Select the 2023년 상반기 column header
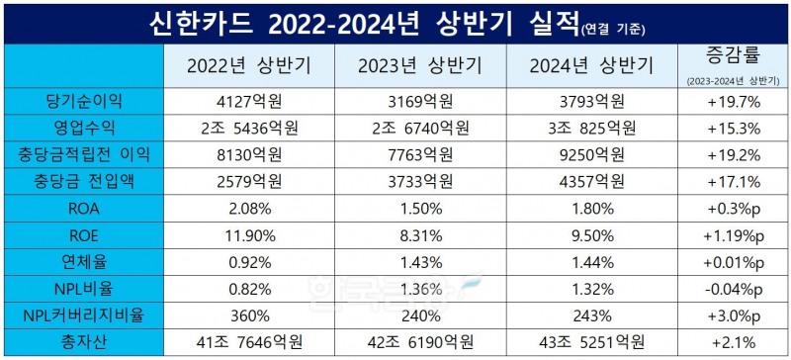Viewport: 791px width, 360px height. point(419,66)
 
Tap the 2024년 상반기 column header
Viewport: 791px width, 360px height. point(590,66)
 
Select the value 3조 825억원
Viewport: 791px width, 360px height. point(590,127)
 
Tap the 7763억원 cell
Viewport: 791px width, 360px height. point(419,153)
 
